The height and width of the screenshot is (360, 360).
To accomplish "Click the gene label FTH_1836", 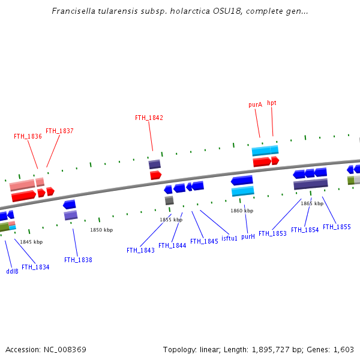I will tap(28, 136).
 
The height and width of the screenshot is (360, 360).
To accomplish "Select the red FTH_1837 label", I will tap(59, 131).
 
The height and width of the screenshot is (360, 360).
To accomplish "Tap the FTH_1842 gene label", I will tap(149, 118).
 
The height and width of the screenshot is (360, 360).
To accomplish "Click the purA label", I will tap(255, 104).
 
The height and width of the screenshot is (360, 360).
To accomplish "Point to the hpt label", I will tap(272, 103).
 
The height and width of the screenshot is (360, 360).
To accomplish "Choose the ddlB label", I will tap(12, 271).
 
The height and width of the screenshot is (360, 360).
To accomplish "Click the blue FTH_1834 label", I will tap(35, 267).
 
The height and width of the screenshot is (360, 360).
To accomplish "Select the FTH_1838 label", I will tap(78, 260).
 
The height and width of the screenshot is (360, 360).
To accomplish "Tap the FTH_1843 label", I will tap(140, 250).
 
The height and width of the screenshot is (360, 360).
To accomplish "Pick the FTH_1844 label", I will tap(172, 245).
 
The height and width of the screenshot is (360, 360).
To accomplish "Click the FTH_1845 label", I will tap(204, 241).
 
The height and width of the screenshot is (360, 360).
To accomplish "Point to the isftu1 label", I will tap(229, 238).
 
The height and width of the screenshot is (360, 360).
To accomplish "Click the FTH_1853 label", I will tap(273, 233).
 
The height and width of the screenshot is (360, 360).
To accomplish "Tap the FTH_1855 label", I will tap(337, 227).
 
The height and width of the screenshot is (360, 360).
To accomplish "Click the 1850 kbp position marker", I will tap(101, 230).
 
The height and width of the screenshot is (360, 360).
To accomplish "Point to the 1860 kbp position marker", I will tap(242, 211).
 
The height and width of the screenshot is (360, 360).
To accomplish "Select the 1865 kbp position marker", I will tap(312, 203).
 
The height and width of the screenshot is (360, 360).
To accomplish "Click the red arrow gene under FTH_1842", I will tap(155, 175).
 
